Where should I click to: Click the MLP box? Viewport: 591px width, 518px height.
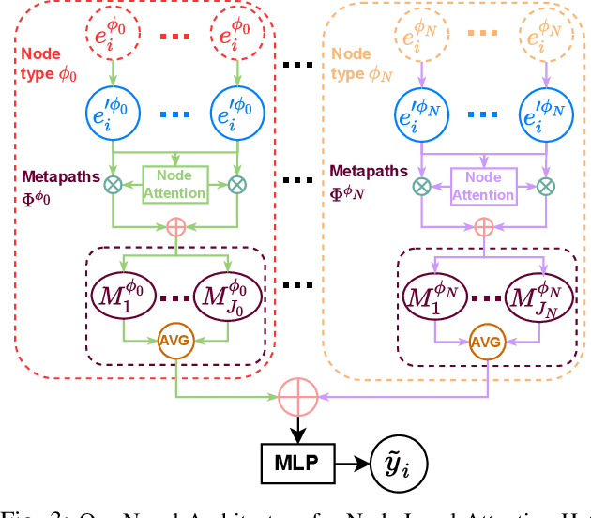pos(296,464)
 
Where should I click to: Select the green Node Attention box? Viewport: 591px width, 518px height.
pos(173,185)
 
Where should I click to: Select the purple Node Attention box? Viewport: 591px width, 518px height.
pos(483,185)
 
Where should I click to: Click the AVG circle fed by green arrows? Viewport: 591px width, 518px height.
pos(174,340)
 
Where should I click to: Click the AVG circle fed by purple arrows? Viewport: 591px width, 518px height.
pos(484,341)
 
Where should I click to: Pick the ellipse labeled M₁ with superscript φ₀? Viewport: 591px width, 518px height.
pos(124,295)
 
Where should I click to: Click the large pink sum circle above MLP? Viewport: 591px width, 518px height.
pos(296,398)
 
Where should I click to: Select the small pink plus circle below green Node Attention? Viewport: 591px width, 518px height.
pos(174,226)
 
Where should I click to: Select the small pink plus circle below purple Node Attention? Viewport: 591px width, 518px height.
pos(483,226)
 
